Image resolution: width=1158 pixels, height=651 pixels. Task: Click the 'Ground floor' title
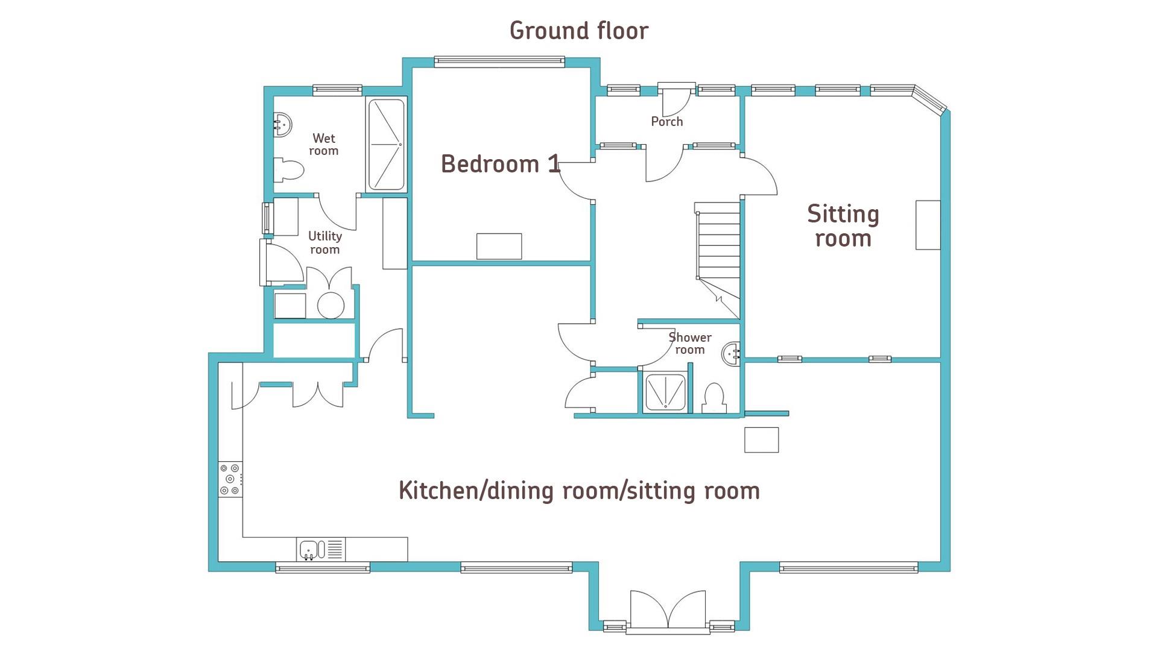click(579, 31)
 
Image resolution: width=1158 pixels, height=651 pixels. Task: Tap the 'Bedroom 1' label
click(501, 164)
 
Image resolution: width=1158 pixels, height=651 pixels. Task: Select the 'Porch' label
click(667, 122)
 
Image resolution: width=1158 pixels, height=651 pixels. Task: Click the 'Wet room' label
click(324, 145)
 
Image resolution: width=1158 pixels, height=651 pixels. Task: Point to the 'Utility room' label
click(325, 242)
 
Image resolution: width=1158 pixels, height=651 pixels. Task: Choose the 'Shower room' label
click(690, 344)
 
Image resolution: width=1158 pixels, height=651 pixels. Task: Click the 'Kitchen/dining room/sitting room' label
click(579, 491)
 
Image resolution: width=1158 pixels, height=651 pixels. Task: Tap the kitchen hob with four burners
click(230, 479)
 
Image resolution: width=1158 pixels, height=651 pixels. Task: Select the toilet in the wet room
click(288, 170)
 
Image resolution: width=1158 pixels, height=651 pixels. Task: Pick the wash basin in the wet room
click(283, 125)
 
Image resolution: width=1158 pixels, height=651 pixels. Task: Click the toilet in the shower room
click(714, 398)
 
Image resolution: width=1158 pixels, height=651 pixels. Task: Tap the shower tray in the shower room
click(665, 392)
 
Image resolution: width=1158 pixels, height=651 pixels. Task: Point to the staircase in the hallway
click(718, 259)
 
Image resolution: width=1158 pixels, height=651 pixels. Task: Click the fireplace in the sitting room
click(928, 225)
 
